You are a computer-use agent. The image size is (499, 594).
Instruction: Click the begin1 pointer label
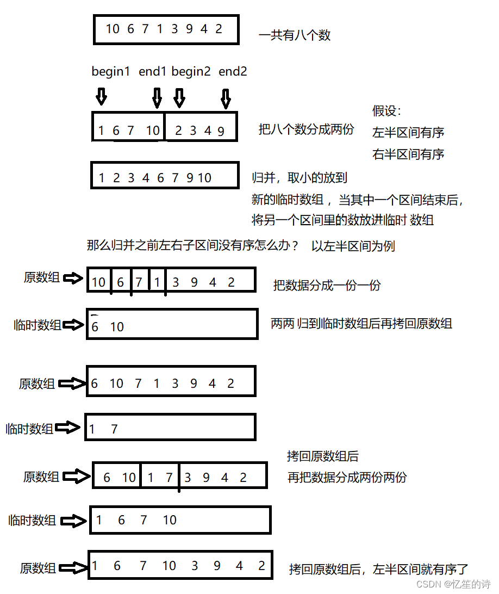(x=111, y=71)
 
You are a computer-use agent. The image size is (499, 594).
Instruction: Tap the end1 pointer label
(x=152, y=71)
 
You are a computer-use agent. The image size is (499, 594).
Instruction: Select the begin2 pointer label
(x=191, y=71)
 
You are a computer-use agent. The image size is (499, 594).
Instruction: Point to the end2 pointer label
(x=233, y=71)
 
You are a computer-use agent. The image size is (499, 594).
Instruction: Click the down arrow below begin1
(x=101, y=97)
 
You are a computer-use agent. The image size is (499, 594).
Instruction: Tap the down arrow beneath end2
(x=226, y=98)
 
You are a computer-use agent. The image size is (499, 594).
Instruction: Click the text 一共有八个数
(x=295, y=36)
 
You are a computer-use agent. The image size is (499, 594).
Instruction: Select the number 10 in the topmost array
(x=113, y=29)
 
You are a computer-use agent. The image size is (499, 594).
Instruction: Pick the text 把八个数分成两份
(x=307, y=129)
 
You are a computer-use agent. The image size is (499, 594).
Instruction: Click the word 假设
(x=386, y=111)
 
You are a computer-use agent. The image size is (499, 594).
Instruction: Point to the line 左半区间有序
(x=408, y=132)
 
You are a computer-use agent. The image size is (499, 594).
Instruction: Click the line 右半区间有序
(x=408, y=154)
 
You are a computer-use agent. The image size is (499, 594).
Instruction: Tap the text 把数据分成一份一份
(x=327, y=285)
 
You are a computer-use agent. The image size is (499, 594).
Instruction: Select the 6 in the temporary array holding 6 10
(x=95, y=327)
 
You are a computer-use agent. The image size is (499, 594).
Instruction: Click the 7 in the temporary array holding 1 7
(x=114, y=429)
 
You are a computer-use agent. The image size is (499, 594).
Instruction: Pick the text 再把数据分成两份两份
(x=347, y=478)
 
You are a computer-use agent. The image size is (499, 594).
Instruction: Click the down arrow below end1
(x=157, y=98)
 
